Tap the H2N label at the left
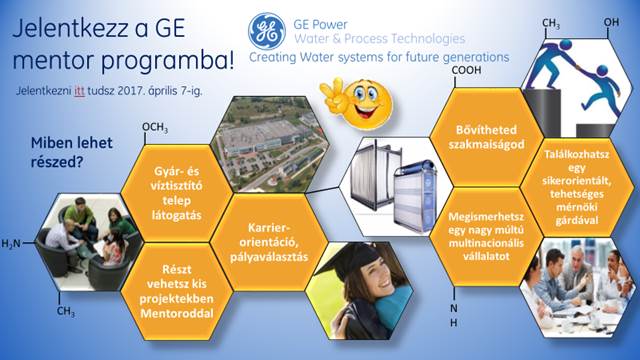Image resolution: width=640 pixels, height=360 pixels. tap(11, 243)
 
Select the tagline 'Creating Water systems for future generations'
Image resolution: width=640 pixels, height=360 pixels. tap(378, 58)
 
